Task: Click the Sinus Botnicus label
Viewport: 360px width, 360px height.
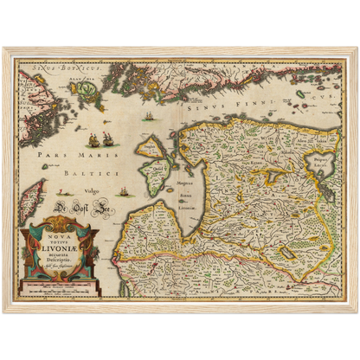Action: click(x=52, y=66)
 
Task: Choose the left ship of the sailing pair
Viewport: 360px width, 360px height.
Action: click(x=92, y=138)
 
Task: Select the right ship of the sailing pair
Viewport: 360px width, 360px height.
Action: click(x=107, y=138)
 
